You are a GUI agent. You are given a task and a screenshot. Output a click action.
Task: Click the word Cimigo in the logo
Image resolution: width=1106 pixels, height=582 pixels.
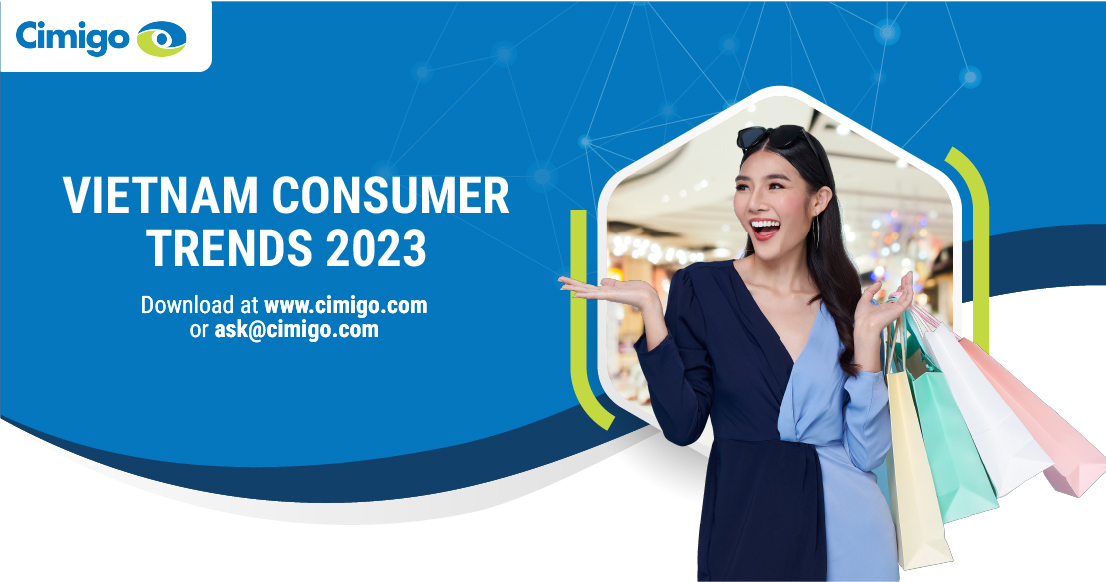tap(72, 37)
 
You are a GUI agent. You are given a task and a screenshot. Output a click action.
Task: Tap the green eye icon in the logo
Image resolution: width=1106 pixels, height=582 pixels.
tap(162, 39)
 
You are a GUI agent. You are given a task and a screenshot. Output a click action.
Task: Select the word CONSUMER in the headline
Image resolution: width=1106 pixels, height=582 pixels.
tap(390, 195)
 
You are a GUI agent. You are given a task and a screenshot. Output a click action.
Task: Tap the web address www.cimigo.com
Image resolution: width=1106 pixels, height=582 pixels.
tap(346, 305)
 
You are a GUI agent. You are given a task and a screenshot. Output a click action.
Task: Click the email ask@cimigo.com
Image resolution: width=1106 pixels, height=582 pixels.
tap(296, 329)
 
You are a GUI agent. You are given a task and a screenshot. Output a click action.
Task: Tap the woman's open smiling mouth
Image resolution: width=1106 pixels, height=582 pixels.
tap(765, 229)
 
